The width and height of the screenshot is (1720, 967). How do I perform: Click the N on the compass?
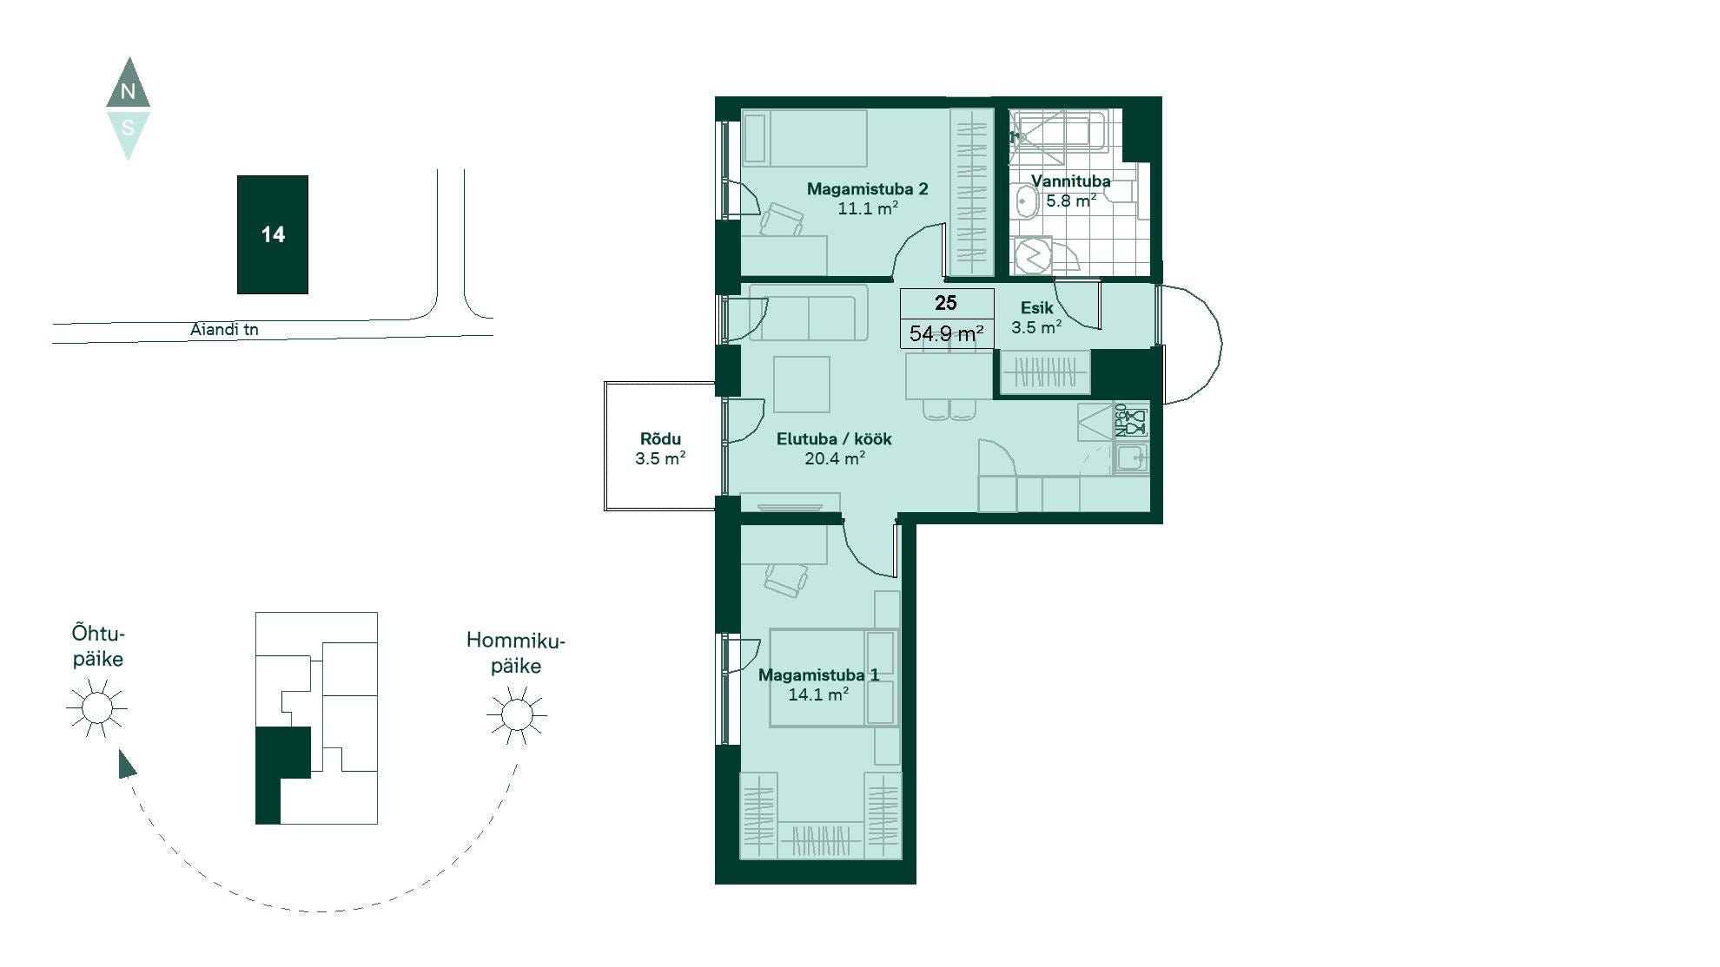pyautogui.click(x=128, y=91)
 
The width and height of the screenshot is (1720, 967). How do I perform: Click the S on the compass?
pyautogui.click(x=128, y=128)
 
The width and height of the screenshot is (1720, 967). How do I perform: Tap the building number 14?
pyautogui.click(x=273, y=234)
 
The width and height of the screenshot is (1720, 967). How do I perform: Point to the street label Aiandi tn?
pyautogui.click(x=224, y=329)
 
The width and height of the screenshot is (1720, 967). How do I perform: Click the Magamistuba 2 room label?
pyautogui.click(x=867, y=188)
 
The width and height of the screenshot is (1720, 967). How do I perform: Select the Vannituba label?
pyautogui.click(x=1070, y=181)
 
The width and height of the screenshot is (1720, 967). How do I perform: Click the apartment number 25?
pyautogui.click(x=946, y=303)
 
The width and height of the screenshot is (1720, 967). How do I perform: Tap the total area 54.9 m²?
pyautogui.click(x=946, y=333)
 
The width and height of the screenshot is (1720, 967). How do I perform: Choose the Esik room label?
pyautogui.click(x=1036, y=307)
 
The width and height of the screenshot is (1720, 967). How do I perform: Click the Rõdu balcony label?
pyautogui.click(x=660, y=438)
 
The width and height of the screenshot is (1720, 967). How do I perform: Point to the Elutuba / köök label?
pyautogui.click(x=834, y=438)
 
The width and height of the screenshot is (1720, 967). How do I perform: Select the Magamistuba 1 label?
pyautogui.click(x=818, y=674)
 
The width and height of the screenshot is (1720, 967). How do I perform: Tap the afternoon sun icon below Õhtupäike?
pyautogui.click(x=96, y=708)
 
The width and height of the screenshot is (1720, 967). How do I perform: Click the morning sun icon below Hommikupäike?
pyautogui.click(x=517, y=715)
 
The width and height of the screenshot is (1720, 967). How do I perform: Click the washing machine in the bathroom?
pyautogui.click(x=1034, y=255)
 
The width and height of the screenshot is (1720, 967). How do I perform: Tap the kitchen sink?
pyautogui.click(x=1131, y=457)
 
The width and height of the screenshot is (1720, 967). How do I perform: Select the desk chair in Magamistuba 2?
pyautogui.click(x=782, y=220)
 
